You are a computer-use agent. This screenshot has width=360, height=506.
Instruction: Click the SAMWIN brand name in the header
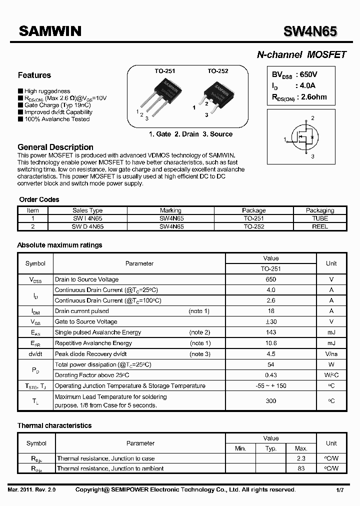(50, 31)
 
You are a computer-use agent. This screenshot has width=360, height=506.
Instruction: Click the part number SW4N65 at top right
(310, 31)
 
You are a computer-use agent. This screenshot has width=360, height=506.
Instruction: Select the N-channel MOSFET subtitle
(301, 55)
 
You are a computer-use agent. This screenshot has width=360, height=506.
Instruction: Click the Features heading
(34, 75)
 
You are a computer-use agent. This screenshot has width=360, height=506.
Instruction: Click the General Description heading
(55, 147)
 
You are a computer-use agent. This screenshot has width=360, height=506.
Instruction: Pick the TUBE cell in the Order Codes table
(320, 218)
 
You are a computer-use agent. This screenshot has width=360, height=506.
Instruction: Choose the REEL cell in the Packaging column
(320, 226)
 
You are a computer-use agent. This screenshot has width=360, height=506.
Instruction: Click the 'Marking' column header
(170, 210)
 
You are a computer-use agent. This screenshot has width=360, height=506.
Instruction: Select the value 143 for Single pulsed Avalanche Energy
(271, 332)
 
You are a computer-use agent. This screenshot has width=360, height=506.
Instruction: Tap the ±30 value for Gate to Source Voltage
(271, 322)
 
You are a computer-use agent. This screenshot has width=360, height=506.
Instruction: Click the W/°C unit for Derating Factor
(331, 375)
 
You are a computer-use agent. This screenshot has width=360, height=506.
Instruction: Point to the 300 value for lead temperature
(271, 401)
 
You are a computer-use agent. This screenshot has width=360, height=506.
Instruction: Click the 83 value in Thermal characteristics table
(301, 468)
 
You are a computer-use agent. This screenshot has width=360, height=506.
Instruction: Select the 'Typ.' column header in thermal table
(271, 448)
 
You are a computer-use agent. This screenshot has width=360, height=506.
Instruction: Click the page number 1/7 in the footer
(339, 490)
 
